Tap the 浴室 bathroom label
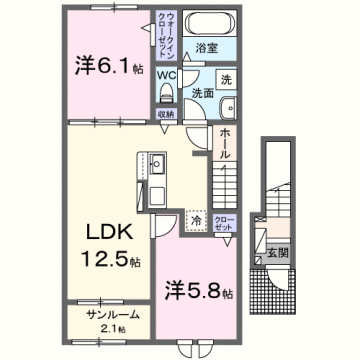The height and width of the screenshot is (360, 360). click(x=207, y=47)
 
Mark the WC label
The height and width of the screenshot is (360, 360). click(x=166, y=73)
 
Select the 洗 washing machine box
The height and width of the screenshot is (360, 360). click(x=225, y=80)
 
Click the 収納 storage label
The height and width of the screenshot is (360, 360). click(x=167, y=114)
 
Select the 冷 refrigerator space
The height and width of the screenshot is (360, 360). click(x=197, y=218)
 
